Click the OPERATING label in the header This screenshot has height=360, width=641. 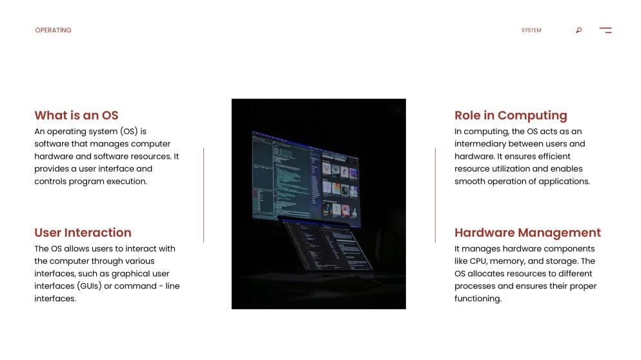tap(53, 30)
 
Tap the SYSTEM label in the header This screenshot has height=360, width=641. tap(531, 30)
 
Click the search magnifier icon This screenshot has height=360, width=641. tap(579, 30)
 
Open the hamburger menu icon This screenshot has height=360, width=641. tap(605, 30)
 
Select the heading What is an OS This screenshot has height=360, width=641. tap(76, 115)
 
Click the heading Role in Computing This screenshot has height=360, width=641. tap(511, 115)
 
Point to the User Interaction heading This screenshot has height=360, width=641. tap(83, 232)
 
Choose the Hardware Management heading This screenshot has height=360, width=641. tap(528, 233)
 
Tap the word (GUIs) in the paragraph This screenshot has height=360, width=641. tap(89, 286)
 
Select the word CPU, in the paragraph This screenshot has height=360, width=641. tap(479, 261)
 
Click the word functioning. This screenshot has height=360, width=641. tap(478, 299)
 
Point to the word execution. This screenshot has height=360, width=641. tap(127, 181)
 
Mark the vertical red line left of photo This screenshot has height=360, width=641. tap(203, 195)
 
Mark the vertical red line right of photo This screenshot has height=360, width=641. tap(435, 195)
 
